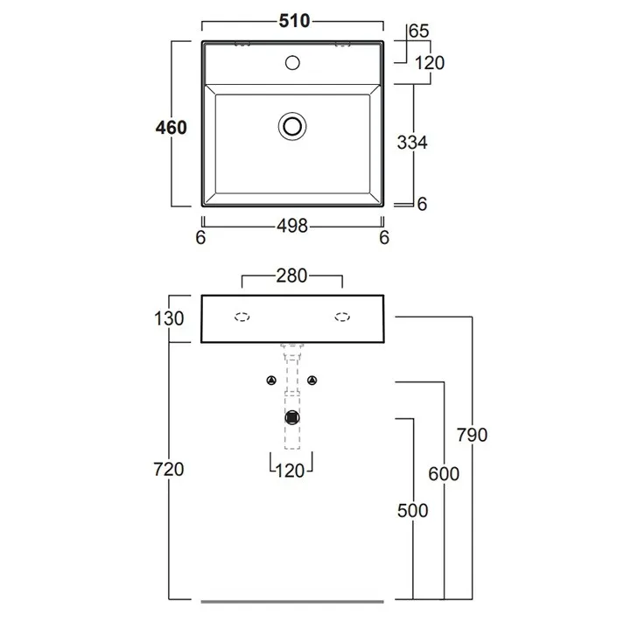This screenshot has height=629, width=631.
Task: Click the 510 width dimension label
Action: (x=294, y=21)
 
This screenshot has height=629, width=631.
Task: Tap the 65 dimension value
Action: (x=419, y=31)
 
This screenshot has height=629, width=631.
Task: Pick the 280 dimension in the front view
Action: (x=291, y=276)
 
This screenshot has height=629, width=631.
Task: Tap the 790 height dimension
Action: (x=472, y=435)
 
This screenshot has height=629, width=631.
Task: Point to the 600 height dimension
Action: (x=444, y=472)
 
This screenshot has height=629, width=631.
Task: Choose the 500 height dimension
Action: (x=413, y=510)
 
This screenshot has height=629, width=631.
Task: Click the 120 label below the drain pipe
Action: (x=291, y=471)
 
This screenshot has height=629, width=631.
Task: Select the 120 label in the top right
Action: (x=430, y=62)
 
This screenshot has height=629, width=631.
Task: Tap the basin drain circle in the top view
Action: (x=293, y=125)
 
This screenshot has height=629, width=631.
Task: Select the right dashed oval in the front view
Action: (x=341, y=318)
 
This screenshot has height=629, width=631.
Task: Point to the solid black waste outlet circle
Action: (x=292, y=417)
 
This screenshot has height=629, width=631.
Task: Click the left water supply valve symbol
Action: (x=271, y=381)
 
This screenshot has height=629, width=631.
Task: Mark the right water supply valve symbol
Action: (x=313, y=381)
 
